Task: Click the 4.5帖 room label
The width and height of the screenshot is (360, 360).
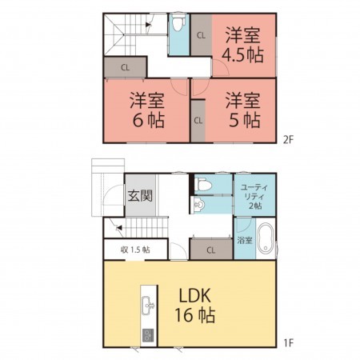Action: (x=242, y=45)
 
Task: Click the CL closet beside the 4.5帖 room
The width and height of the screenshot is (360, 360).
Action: (x=199, y=34)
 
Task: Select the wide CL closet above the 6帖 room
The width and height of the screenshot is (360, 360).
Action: (x=125, y=68)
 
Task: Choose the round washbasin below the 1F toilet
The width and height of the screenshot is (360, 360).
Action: (x=199, y=205)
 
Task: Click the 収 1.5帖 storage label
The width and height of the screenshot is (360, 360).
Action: (x=135, y=250)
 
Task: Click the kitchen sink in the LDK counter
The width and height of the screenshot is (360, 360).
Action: (x=147, y=304)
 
